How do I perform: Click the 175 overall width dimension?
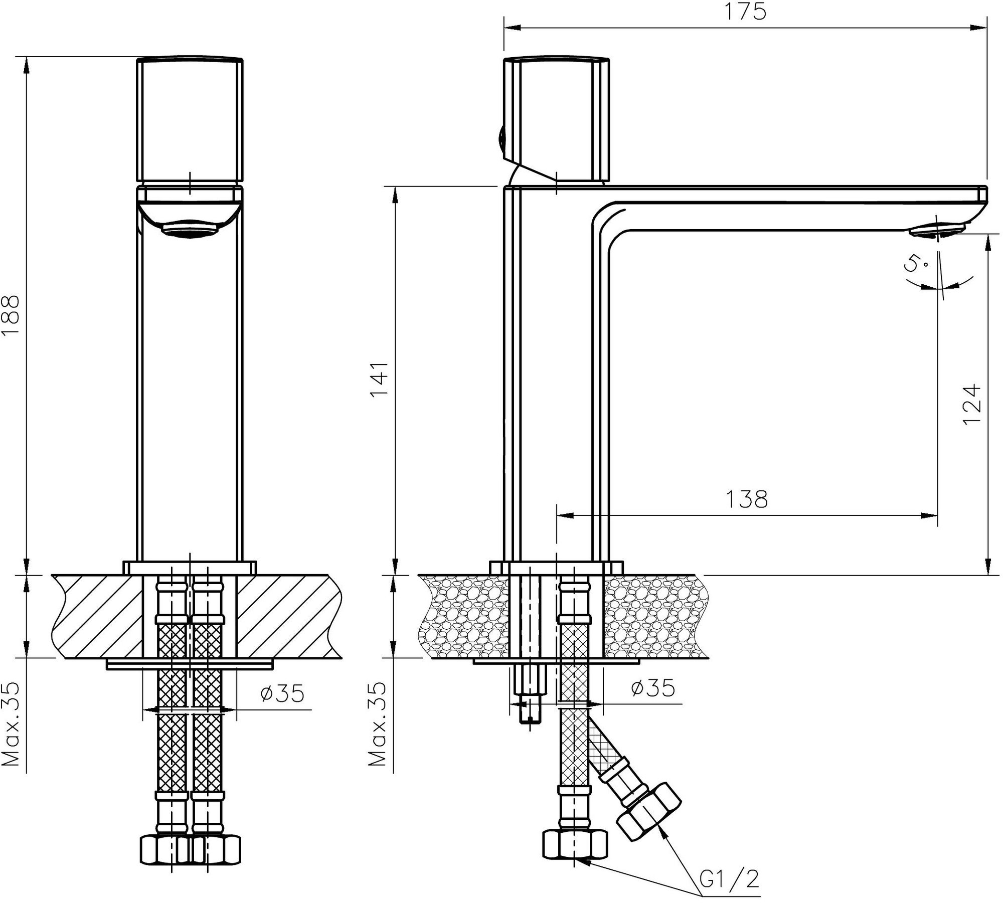pyautogui.click(x=746, y=11)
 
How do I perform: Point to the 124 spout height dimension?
pyautogui.click(x=971, y=404)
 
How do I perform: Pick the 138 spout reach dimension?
pyautogui.click(x=746, y=499)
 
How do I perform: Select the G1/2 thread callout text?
pyautogui.click(x=729, y=879)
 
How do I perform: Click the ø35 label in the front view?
pyautogui.click(x=282, y=693)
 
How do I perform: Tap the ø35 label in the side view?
pyautogui.click(x=653, y=688)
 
